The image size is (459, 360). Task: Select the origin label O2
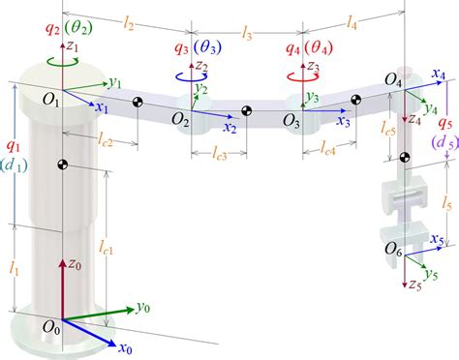click(179, 117)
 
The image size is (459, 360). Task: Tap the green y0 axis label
click(142, 307)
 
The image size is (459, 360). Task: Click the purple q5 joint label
click(444, 123)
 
